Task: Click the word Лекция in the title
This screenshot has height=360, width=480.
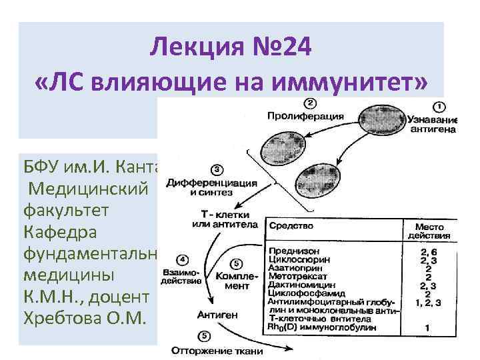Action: point(189,47)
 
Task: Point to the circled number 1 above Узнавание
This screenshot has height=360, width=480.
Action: point(441,107)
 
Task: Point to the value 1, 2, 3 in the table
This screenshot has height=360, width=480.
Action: point(427,302)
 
